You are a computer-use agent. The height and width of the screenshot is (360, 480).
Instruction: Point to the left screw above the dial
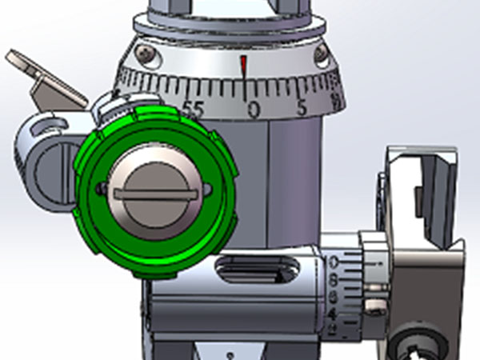point(145,53)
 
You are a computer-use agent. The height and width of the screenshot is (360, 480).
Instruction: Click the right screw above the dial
point(322,54)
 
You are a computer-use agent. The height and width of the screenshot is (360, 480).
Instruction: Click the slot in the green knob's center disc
point(155,193)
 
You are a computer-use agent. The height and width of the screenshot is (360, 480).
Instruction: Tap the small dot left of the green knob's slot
point(100,189)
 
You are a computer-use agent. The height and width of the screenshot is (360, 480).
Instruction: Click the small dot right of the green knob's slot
point(210,190)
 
